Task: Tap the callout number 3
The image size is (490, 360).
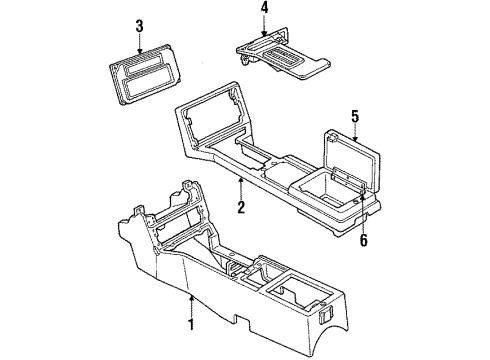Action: coord(140,24)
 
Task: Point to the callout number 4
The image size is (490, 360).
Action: coord(263,10)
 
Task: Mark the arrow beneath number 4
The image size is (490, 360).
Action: coord(263,27)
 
